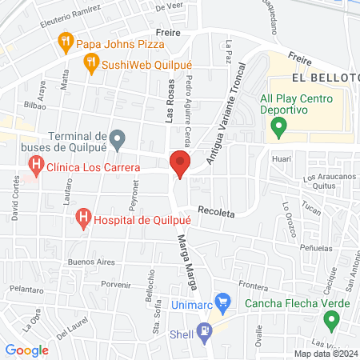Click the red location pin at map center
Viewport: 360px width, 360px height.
(x=180, y=166)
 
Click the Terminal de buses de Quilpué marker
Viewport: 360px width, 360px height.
(x=118, y=142)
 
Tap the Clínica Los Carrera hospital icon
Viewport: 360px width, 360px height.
(x=36, y=167)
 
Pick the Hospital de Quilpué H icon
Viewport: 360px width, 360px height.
(x=82, y=218)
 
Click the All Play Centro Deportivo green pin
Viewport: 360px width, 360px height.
(x=278, y=126)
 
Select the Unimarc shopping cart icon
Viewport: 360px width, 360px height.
(x=223, y=304)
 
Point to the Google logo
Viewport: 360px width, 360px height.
(x=27, y=350)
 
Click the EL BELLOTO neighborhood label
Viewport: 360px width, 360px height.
(x=323, y=78)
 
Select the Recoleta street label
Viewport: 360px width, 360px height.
(x=216, y=214)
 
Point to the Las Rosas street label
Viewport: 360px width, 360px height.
(x=169, y=104)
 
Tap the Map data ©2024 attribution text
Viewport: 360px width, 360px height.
(x=325, y=353)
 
